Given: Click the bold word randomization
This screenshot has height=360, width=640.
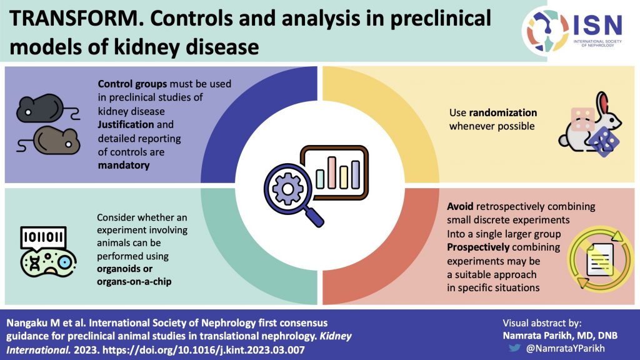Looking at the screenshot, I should click(x=503, y=113).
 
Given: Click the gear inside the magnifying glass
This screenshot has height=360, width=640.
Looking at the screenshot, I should click(x=285, y=187).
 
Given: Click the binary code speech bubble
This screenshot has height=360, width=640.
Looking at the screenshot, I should click(x=44, y=236).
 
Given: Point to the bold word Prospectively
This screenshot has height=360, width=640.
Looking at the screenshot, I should click(x=480, y=246).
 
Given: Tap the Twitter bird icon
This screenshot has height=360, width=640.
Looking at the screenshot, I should click(x=513, y=347).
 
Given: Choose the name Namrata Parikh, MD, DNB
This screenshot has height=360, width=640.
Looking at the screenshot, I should click(x=560, y=336).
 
